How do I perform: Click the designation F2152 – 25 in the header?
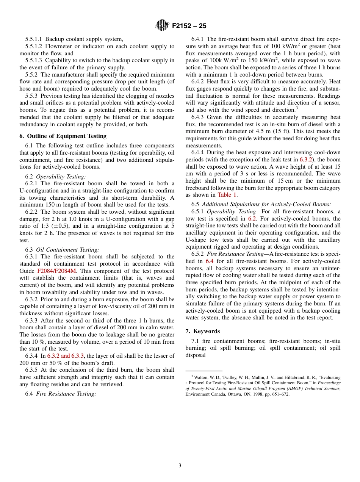click(189, 26)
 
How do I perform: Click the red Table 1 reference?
click(227, 195)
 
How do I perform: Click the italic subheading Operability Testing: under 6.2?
click(61, 176)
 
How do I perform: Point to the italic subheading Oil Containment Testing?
click(67, 250)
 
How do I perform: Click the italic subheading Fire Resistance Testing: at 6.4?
click(66, 394)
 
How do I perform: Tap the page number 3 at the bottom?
click(180, 466)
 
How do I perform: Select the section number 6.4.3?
click(198, 117)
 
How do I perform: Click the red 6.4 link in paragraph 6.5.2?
click(209, 261)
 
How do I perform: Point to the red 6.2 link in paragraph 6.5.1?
click(252, 219)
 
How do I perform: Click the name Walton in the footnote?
click(202, 377)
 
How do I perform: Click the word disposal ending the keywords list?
click(196, 355)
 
